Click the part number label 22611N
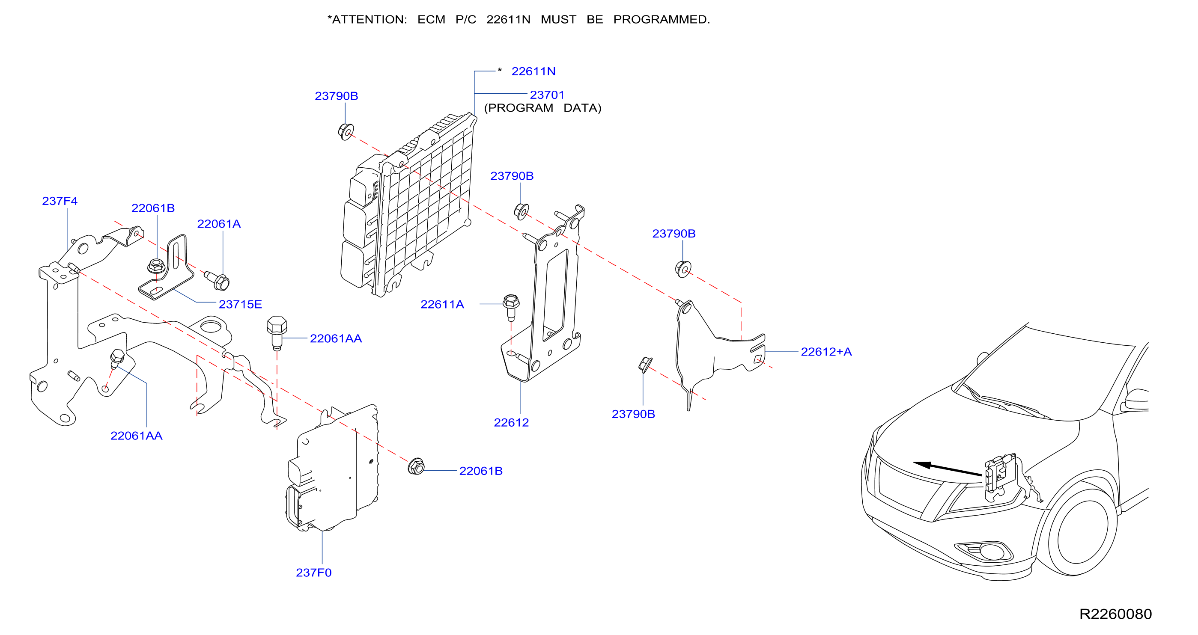click(533, 71)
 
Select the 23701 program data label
click(547, 95)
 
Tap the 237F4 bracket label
click(60, 201)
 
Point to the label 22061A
click(219, 224)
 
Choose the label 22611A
click(442, 304)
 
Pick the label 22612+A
click(826, 351)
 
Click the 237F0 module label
click(313, 572)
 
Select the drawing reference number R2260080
click(1115, 614)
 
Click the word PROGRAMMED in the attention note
click(662, 20)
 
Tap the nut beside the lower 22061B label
click(416, 466)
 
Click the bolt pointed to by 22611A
click(511, 307)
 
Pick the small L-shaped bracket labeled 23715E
click(166, 268)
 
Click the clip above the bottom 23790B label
click(645, 365)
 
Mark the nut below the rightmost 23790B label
click(683, 269)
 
